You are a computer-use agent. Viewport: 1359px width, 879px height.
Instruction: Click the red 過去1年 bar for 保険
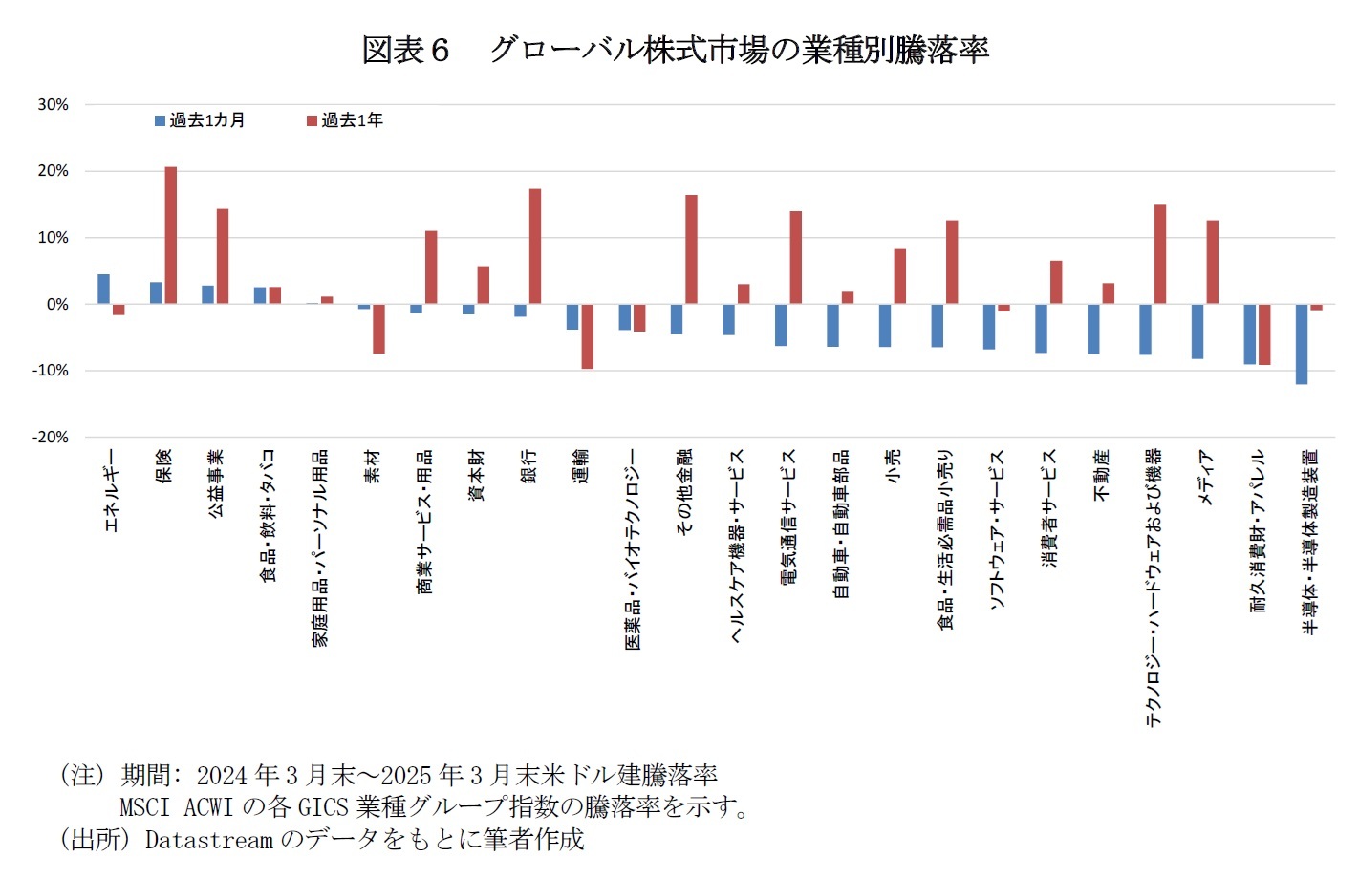pos(171,235)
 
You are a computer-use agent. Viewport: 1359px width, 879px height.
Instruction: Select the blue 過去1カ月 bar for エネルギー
pos(103,289)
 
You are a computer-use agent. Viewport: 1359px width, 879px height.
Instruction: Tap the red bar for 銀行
pos(535,247)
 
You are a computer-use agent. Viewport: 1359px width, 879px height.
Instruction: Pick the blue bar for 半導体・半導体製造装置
pos(1301,344)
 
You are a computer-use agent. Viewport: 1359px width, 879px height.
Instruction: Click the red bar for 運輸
pos(587,336)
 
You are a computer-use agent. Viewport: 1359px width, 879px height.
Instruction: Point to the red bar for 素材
pos(378,329)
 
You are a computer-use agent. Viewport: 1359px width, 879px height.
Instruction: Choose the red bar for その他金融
pos(691,249)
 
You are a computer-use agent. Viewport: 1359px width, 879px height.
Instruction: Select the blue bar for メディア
pos(1197,332)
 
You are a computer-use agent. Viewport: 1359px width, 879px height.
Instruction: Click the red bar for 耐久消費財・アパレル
pos(1264,334)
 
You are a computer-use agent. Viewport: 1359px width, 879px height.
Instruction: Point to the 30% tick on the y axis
pos(54,104)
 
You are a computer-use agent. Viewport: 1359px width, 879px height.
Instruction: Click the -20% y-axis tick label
pos(51,437)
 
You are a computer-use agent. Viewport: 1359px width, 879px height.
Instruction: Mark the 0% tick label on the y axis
pos(57,304)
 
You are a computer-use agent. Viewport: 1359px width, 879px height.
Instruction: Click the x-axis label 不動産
pos(1102,476)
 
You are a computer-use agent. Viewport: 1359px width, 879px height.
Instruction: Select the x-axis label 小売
pos(893,465)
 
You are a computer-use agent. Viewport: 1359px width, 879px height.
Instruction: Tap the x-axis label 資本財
pos(476,475)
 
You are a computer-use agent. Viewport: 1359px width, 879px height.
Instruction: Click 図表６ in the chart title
pos(405,50)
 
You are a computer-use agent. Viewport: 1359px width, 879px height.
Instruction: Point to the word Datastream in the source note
pos(208,840)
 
